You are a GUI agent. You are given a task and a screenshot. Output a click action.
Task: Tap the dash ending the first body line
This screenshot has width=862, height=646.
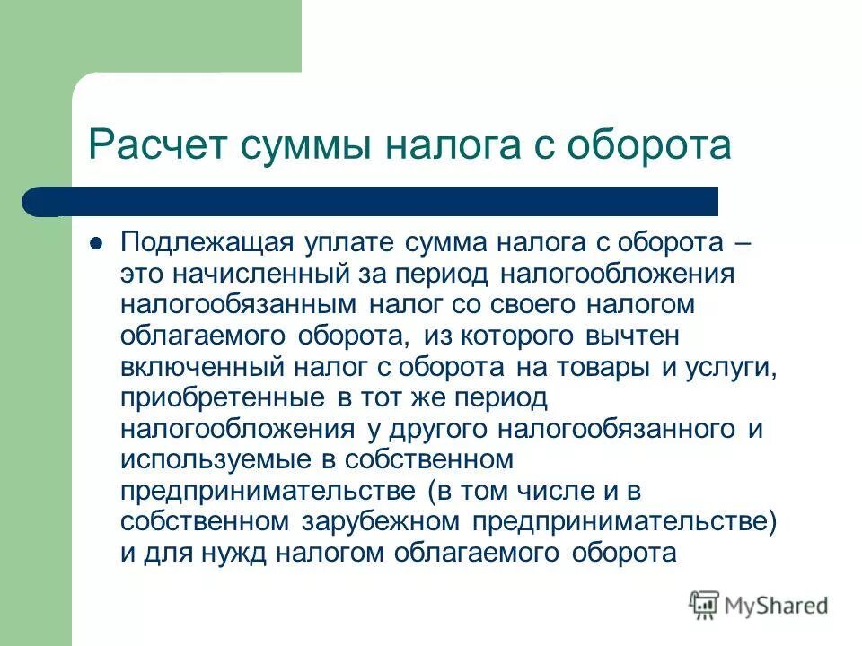[x=742, y=242]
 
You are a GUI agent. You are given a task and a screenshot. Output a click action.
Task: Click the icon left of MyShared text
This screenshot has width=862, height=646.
[x=705, y=604]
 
